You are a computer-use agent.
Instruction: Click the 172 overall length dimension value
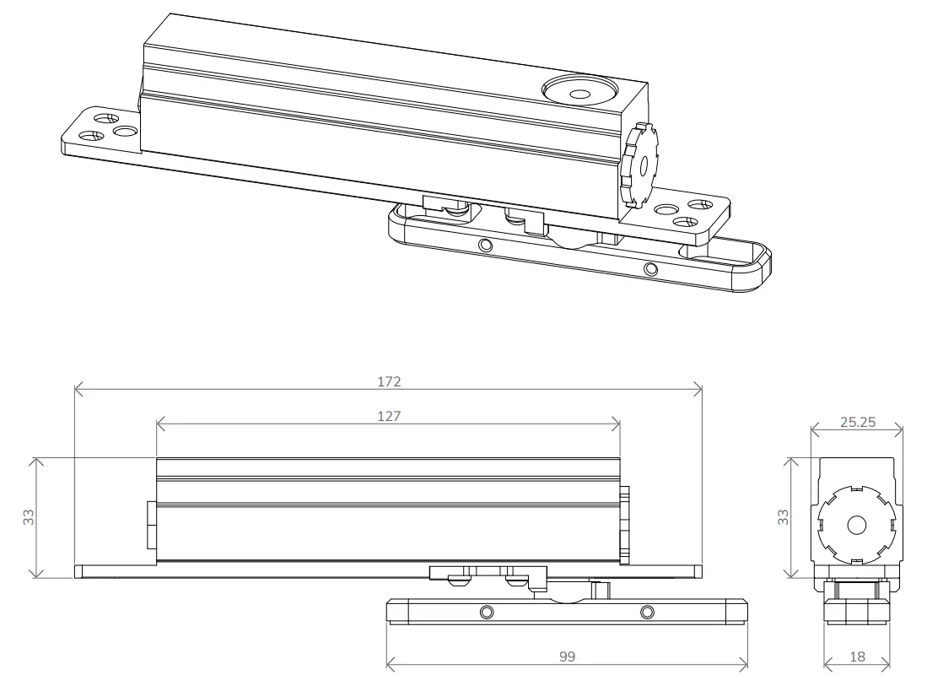[x=389, y=381]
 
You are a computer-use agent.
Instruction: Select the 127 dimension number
[x=389, y=416]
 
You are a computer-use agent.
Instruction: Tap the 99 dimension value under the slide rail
[x=568, y=656]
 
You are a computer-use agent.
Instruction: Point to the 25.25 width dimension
[x=857, y=423]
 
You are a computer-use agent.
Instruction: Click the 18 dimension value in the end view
[x=856, y=656]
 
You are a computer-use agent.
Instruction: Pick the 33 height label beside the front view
[x=29, y=518]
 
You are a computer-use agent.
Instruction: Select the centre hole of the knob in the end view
[x=857, y=524]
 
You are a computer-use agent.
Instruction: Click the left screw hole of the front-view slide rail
[x=486, y=611]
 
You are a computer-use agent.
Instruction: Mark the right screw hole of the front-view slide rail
[x=647, y=611]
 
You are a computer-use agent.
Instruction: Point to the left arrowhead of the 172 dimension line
[x=78, y=390]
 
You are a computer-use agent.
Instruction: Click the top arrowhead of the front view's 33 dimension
[x=35, y=462]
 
